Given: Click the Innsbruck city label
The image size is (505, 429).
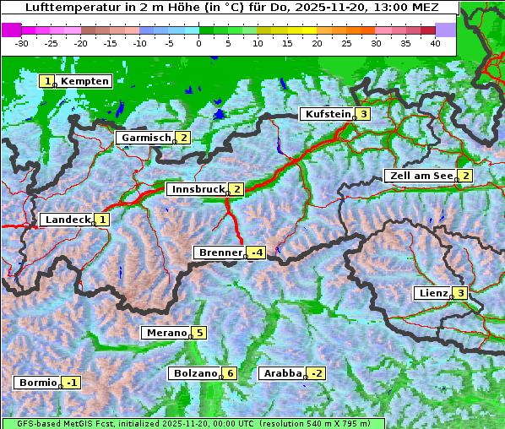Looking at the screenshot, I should point(196,189).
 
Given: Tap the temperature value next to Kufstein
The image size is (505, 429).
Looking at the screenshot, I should point(363,114).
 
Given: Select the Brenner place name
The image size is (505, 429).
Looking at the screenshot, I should point(220,253).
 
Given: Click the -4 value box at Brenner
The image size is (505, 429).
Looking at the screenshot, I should point(256,253).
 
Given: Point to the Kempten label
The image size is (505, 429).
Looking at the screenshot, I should point(84,81).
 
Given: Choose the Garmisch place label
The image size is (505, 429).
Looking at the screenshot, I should point(146,138).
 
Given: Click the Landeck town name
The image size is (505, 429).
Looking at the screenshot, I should point(68,220).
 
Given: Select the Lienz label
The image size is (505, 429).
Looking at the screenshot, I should point(432,293).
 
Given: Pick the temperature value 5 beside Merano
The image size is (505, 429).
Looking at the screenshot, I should point(199,333).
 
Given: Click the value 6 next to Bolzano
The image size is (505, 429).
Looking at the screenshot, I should point(230,373).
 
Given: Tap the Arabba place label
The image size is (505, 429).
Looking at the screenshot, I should point(282,373).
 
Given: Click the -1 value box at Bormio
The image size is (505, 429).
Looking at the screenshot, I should point(72,383).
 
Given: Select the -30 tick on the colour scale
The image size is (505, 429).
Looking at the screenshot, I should point(22,43).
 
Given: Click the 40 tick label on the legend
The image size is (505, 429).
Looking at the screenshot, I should point(435,43).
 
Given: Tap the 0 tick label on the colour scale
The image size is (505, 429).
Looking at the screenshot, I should point(199,43).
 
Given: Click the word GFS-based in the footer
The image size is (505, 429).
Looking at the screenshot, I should point(31,423).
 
